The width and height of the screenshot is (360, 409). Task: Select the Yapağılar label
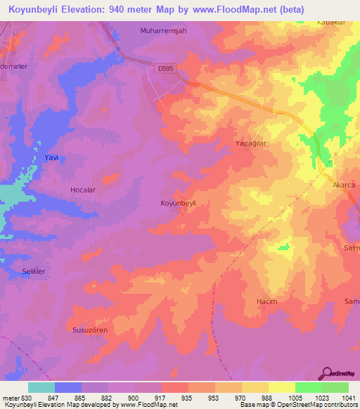tap(252, 142)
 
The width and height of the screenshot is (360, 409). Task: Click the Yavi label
tap(50, 158)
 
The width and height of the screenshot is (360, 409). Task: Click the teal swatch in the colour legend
tap(41, 387)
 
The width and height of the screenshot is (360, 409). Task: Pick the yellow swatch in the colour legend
tap(282, 387)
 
